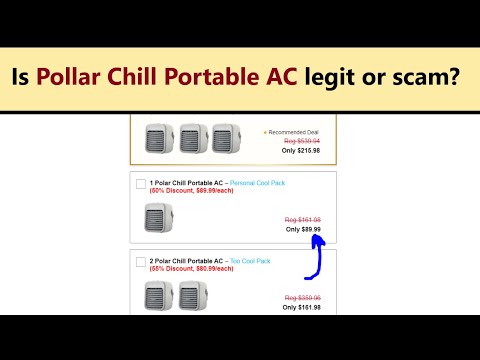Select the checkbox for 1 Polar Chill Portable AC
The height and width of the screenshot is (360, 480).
140,184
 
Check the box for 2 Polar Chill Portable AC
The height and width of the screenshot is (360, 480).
140,261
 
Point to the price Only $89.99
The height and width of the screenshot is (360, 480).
303,229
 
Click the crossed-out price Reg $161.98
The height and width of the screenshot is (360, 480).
303,219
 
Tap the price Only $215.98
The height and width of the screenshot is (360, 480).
301,151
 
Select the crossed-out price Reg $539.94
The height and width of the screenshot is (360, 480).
301,142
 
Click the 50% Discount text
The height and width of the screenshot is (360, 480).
185,192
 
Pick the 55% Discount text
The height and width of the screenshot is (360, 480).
185,269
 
